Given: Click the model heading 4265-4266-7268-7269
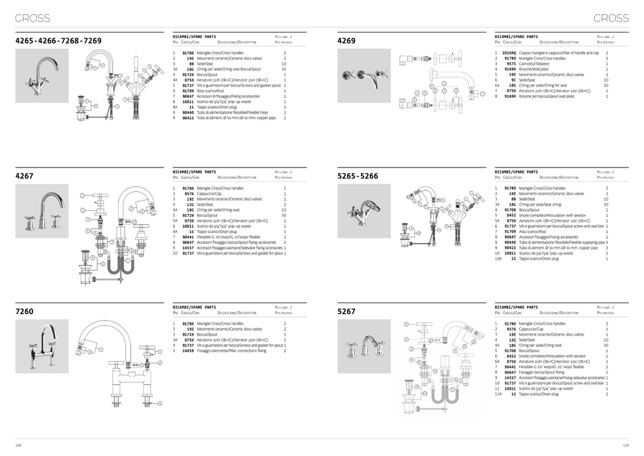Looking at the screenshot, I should (x=58, y=41).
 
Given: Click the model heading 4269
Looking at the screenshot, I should (x=346, y=41).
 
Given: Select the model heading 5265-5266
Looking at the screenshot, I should (x=358, y=176).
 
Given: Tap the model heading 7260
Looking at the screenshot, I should (x=24, y=311).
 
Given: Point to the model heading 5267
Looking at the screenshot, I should (x=346, y=311).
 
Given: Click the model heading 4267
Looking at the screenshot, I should (x=24, y=176).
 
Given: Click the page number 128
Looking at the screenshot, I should (x=18, y=446).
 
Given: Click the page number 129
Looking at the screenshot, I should (x=625, y=446).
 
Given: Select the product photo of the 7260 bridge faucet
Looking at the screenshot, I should (x=42, y=346).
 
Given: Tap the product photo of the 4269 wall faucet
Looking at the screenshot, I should (x=364, y=76).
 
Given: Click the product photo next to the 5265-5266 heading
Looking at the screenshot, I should (x=364, y=211).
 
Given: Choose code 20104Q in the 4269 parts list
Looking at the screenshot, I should (x=509, y=53).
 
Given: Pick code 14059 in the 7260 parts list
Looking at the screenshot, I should (x=188, y=351).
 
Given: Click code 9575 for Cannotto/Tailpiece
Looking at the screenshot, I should (x=511, y=64).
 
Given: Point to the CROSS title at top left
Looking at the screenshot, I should (x=32, y=18).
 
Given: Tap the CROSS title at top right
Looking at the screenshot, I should (x=611, y=18).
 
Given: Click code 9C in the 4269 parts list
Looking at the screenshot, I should (x=513, y=80).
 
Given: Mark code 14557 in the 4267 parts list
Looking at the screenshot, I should (x=188, y=248).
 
